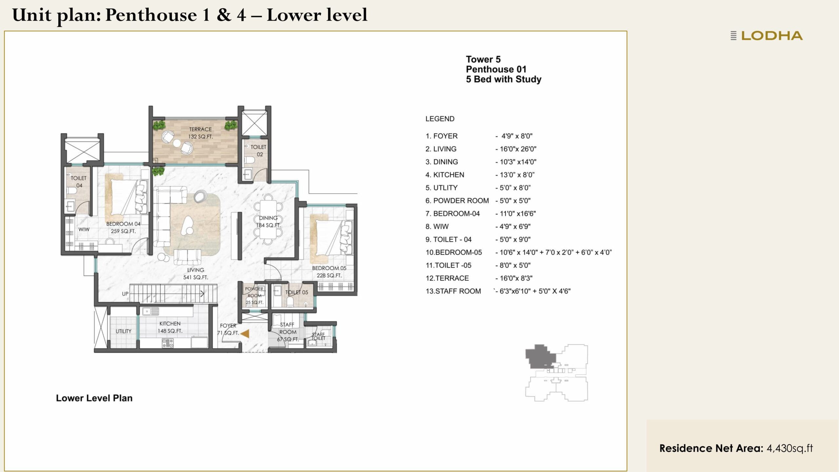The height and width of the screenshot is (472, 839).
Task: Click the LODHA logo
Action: (x=767, y=36)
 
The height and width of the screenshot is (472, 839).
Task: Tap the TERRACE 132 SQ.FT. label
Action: (x=200, y=133)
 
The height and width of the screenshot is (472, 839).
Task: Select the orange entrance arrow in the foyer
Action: (x=245, y=334)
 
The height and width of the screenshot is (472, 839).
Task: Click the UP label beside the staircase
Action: (x=125, y=294)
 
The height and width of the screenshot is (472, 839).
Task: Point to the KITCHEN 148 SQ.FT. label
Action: (x=170, y=327)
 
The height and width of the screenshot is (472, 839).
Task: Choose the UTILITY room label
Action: (x=123, y=331)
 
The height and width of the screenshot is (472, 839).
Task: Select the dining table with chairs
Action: (x=268, y=219)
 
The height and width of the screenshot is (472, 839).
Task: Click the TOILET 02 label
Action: (x=259, y=150)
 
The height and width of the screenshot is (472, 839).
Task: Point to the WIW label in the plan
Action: (x=84, y=229)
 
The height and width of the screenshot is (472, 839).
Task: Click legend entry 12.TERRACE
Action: (x=447, y=278)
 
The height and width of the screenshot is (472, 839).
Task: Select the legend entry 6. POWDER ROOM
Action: (x=457, y=201)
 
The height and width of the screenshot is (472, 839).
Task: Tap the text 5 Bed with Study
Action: (x=503, y=79)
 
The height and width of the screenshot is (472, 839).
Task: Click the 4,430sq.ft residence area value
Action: (x=790, y=448)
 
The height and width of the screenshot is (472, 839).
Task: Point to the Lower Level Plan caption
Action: (x=94, y=398)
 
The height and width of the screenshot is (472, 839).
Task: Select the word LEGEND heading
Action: (x=440, y=119)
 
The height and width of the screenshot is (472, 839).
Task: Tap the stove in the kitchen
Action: (x=167, y=343)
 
